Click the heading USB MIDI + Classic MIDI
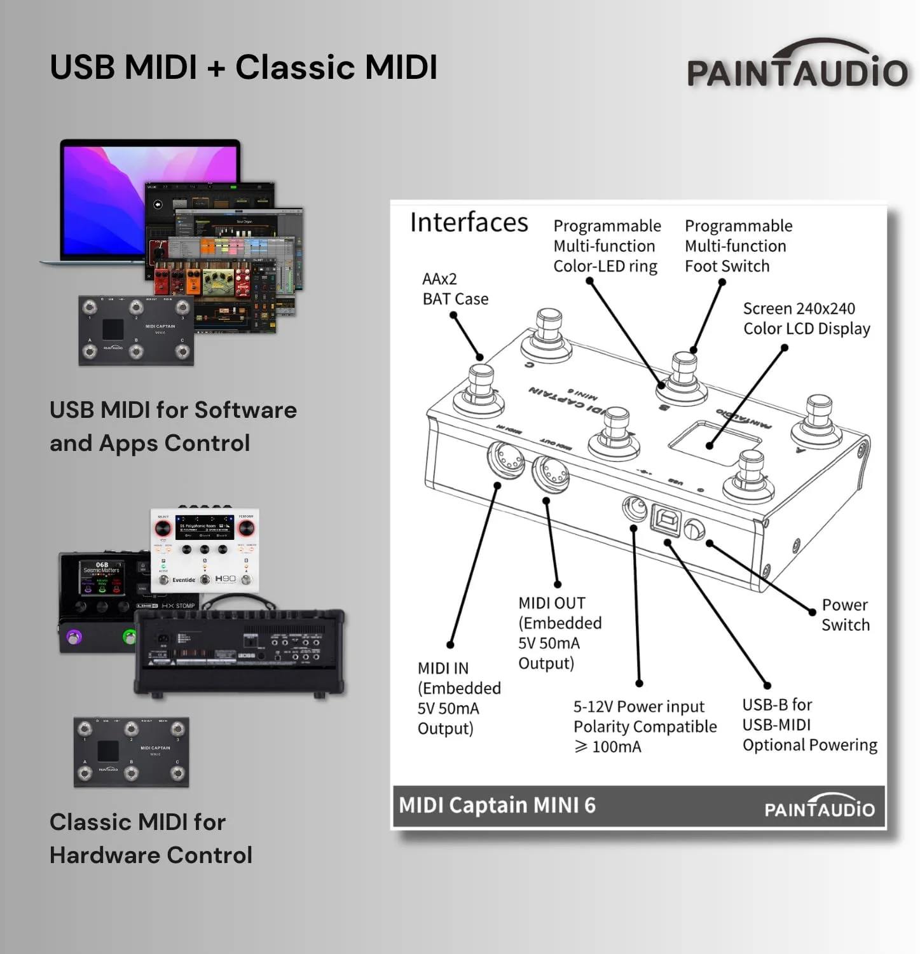coord(244,67)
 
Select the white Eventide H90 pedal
coord(205,550)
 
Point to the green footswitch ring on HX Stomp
coord(130,637)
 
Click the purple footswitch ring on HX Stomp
coord(75,637)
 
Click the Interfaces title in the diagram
coord(469,223)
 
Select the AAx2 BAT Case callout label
coord(455,289)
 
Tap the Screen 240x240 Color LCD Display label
coord(806,319)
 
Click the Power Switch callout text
coord(845,615)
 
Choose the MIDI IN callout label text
coord(459,698)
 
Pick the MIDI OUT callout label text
coord(560,633)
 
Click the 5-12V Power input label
coord(645,726)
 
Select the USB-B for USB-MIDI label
coord(809,724)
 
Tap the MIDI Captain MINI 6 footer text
coord(497,805)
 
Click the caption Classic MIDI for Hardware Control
coord(151,838)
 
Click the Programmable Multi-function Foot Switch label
coord(738,246)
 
